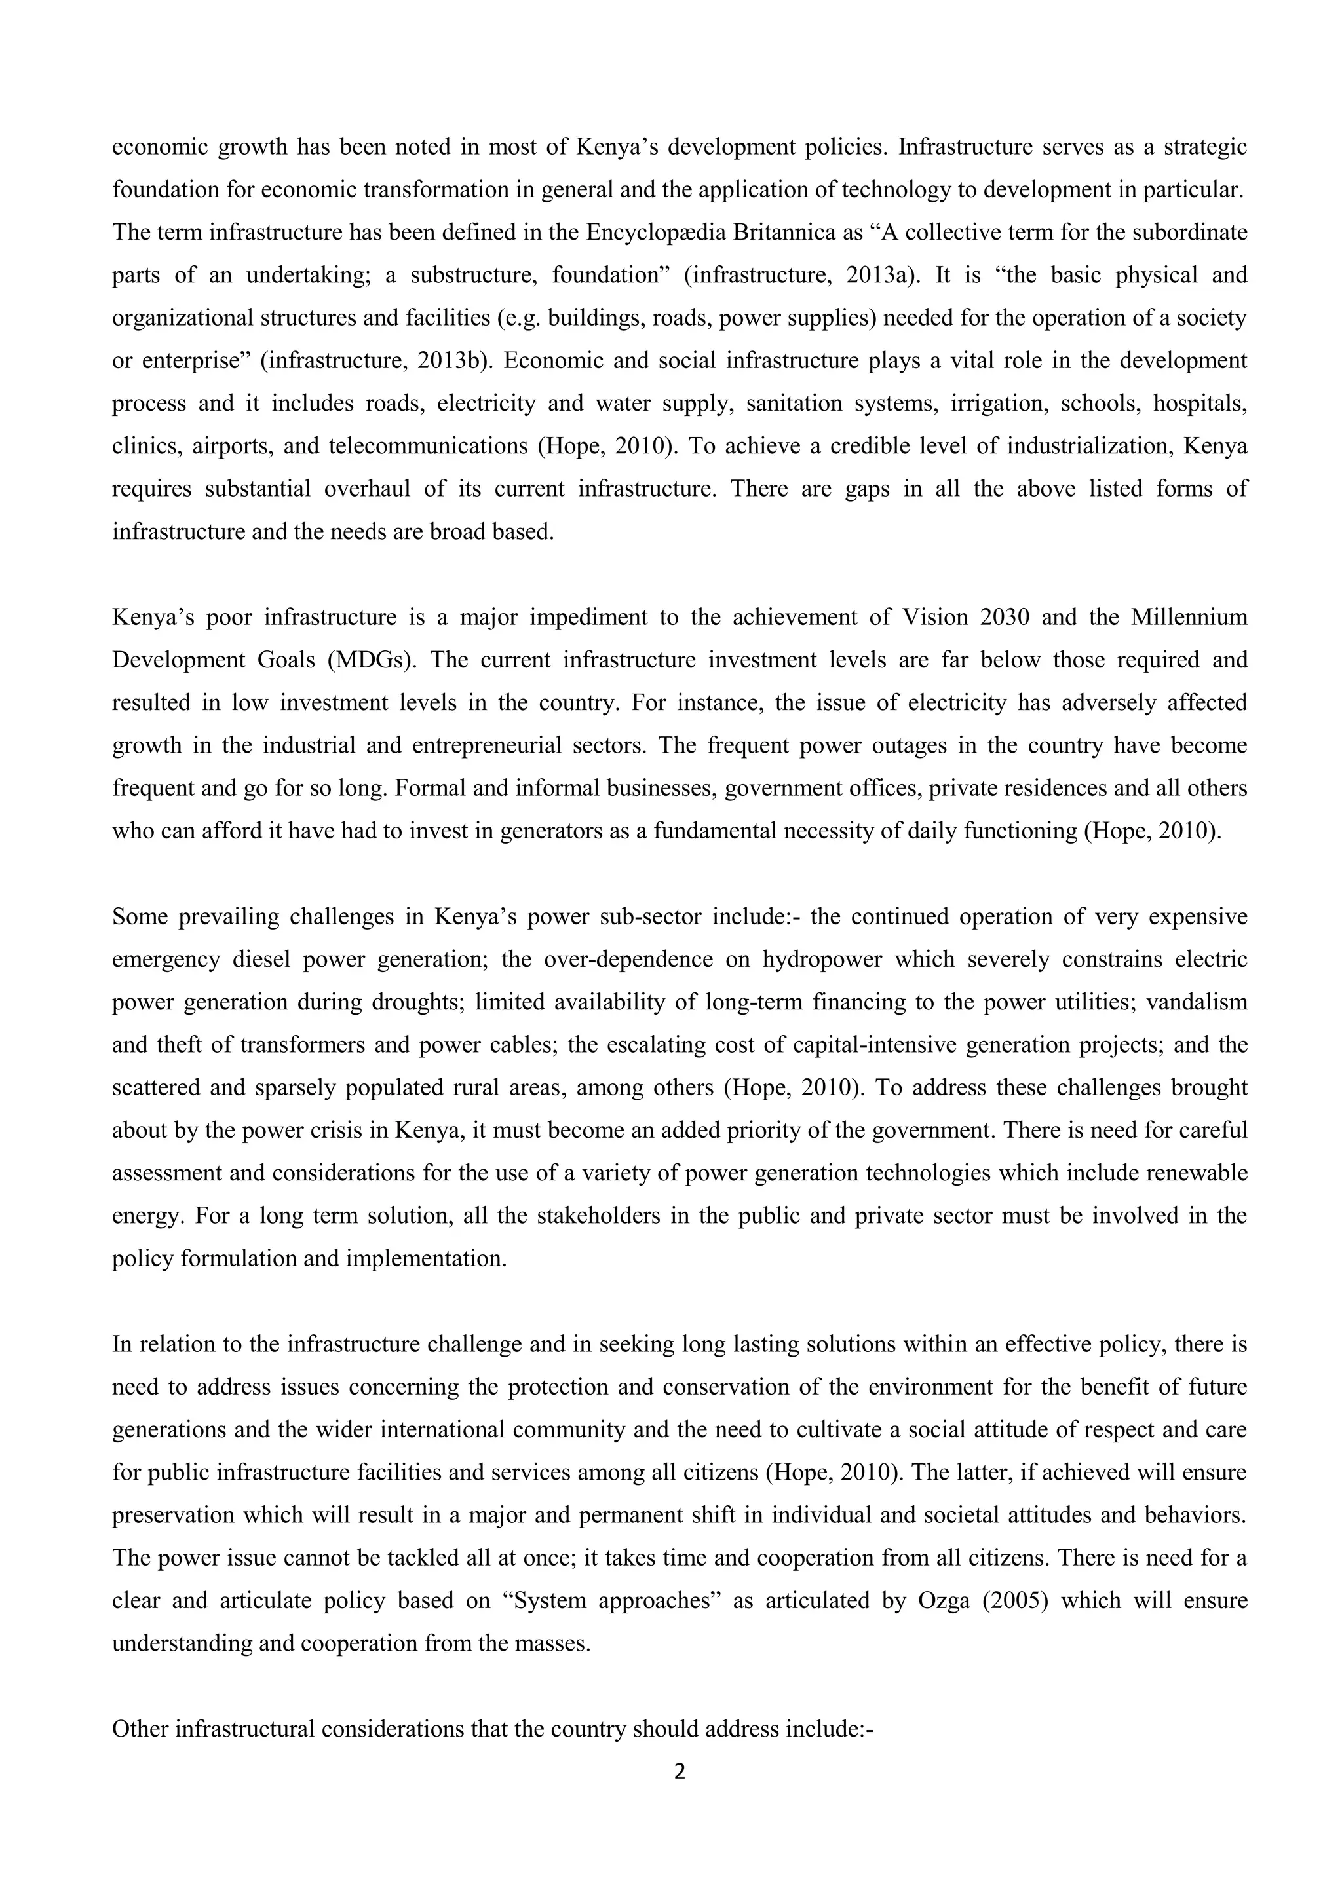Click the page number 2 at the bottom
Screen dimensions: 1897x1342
pos(680,1773)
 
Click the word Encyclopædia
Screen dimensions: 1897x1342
pos(656,232)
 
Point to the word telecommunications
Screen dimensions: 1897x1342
pos(428,446)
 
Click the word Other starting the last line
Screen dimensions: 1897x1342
pos(140,1729)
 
